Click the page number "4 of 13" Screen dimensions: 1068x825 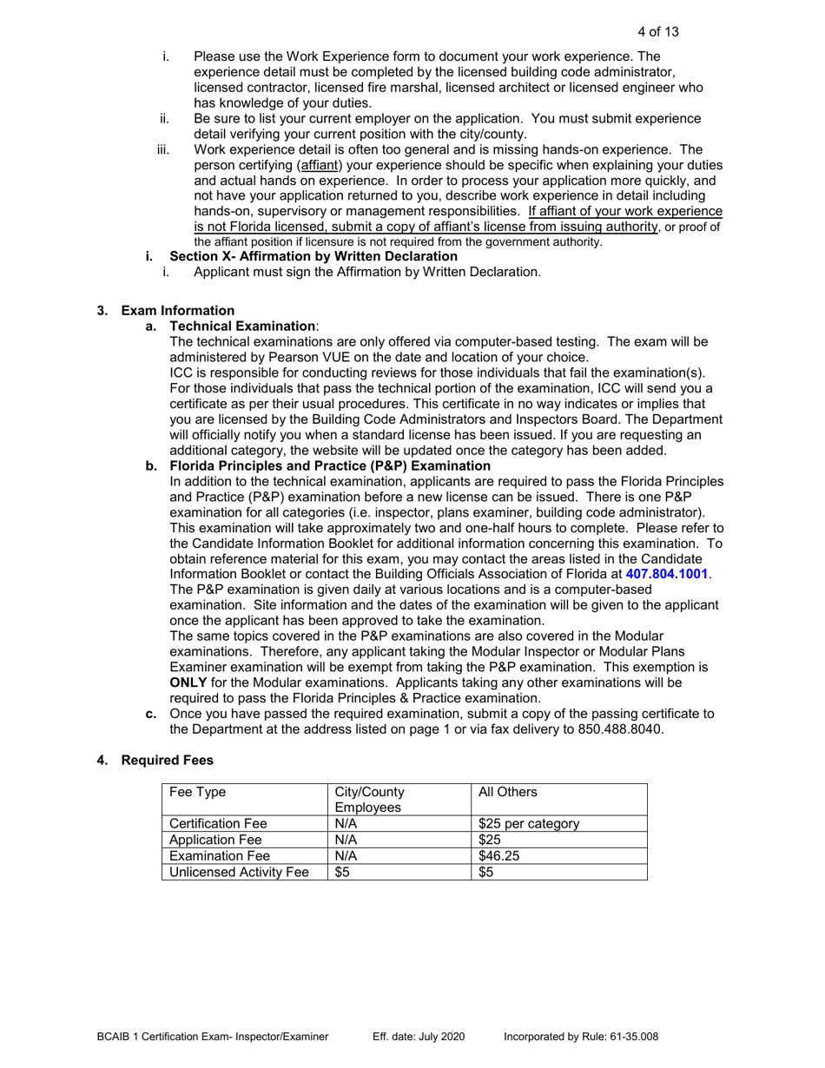coord(657,32)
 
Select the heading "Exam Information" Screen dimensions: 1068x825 coord(177,311)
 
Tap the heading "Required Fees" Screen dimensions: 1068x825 coord(167,761)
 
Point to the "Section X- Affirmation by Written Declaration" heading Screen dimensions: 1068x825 coord(313,256)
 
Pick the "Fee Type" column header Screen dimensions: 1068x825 coord(196,792)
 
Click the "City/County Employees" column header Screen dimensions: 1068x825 coord(370,800)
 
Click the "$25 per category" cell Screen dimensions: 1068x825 coord(529,824)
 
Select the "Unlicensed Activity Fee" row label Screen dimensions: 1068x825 coord(239,873)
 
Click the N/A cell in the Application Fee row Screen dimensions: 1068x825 coord(346,840)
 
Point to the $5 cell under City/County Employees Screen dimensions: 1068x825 coord(343,873)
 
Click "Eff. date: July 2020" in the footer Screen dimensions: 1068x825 coord(419,1037)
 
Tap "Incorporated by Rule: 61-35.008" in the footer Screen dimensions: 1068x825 coord(580,1037)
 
